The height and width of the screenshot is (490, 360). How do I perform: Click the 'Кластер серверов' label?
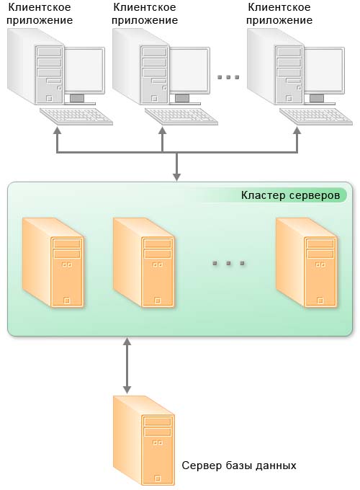point(290,195)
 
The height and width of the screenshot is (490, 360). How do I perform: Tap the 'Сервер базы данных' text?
point(239,465)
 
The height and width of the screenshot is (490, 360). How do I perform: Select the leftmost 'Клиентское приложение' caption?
point(40,14)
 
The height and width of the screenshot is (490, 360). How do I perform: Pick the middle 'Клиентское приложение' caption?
point(145,14)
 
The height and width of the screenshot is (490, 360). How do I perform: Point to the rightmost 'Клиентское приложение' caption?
point(279,14)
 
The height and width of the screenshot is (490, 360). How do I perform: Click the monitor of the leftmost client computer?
point(84,75)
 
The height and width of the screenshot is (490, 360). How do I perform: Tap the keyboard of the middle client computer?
point(181,116)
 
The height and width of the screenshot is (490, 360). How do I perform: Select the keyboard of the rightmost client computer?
point(316,116)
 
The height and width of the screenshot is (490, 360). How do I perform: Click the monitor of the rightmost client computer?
point(324,75)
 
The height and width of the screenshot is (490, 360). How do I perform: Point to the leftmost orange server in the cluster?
point(53,262)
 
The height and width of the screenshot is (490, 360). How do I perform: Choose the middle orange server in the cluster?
point(143,262)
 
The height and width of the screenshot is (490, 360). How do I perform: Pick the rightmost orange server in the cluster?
point(307,262)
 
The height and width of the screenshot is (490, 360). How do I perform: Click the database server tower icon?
point(143,440)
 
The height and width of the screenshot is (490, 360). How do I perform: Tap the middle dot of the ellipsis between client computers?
point(228,77)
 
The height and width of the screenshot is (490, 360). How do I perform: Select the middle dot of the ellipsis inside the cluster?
point(228,263)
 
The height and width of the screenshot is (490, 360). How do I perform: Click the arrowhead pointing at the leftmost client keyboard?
point(57,130)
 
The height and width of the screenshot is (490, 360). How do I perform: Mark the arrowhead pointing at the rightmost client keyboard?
point(297,130)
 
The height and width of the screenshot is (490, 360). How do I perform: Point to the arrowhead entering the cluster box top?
point(176,177)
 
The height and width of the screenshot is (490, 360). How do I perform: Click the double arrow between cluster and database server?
point(127,365)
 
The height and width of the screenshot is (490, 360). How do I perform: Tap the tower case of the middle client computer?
point(141,67)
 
